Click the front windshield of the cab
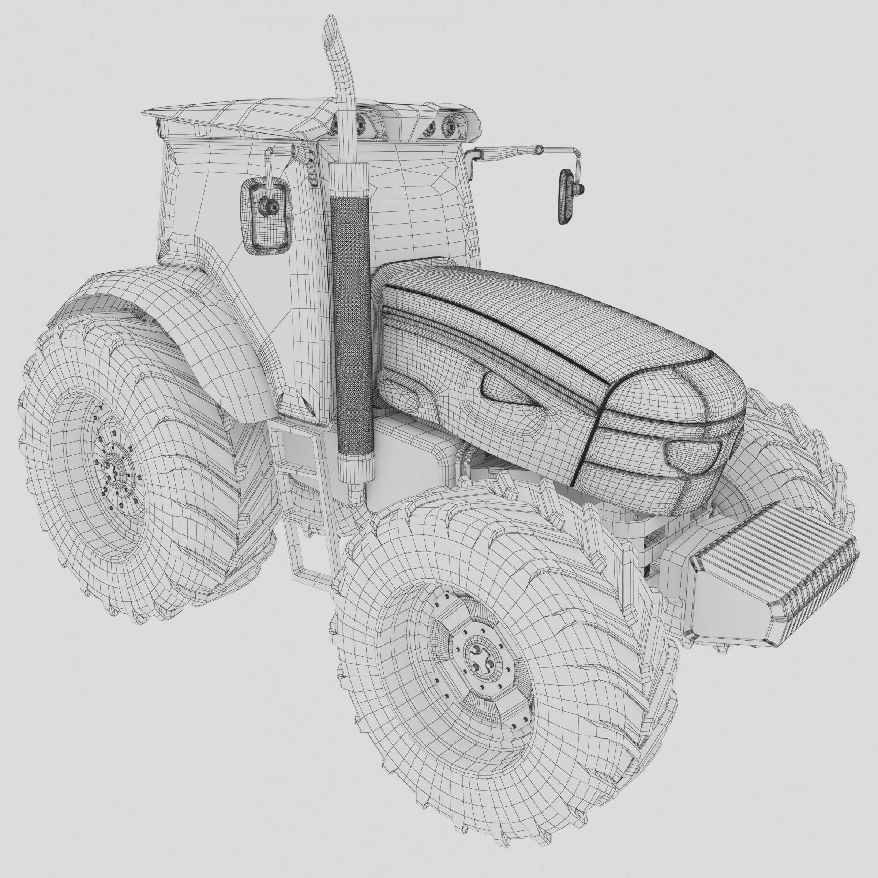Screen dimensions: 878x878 (x=409, y=200)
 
